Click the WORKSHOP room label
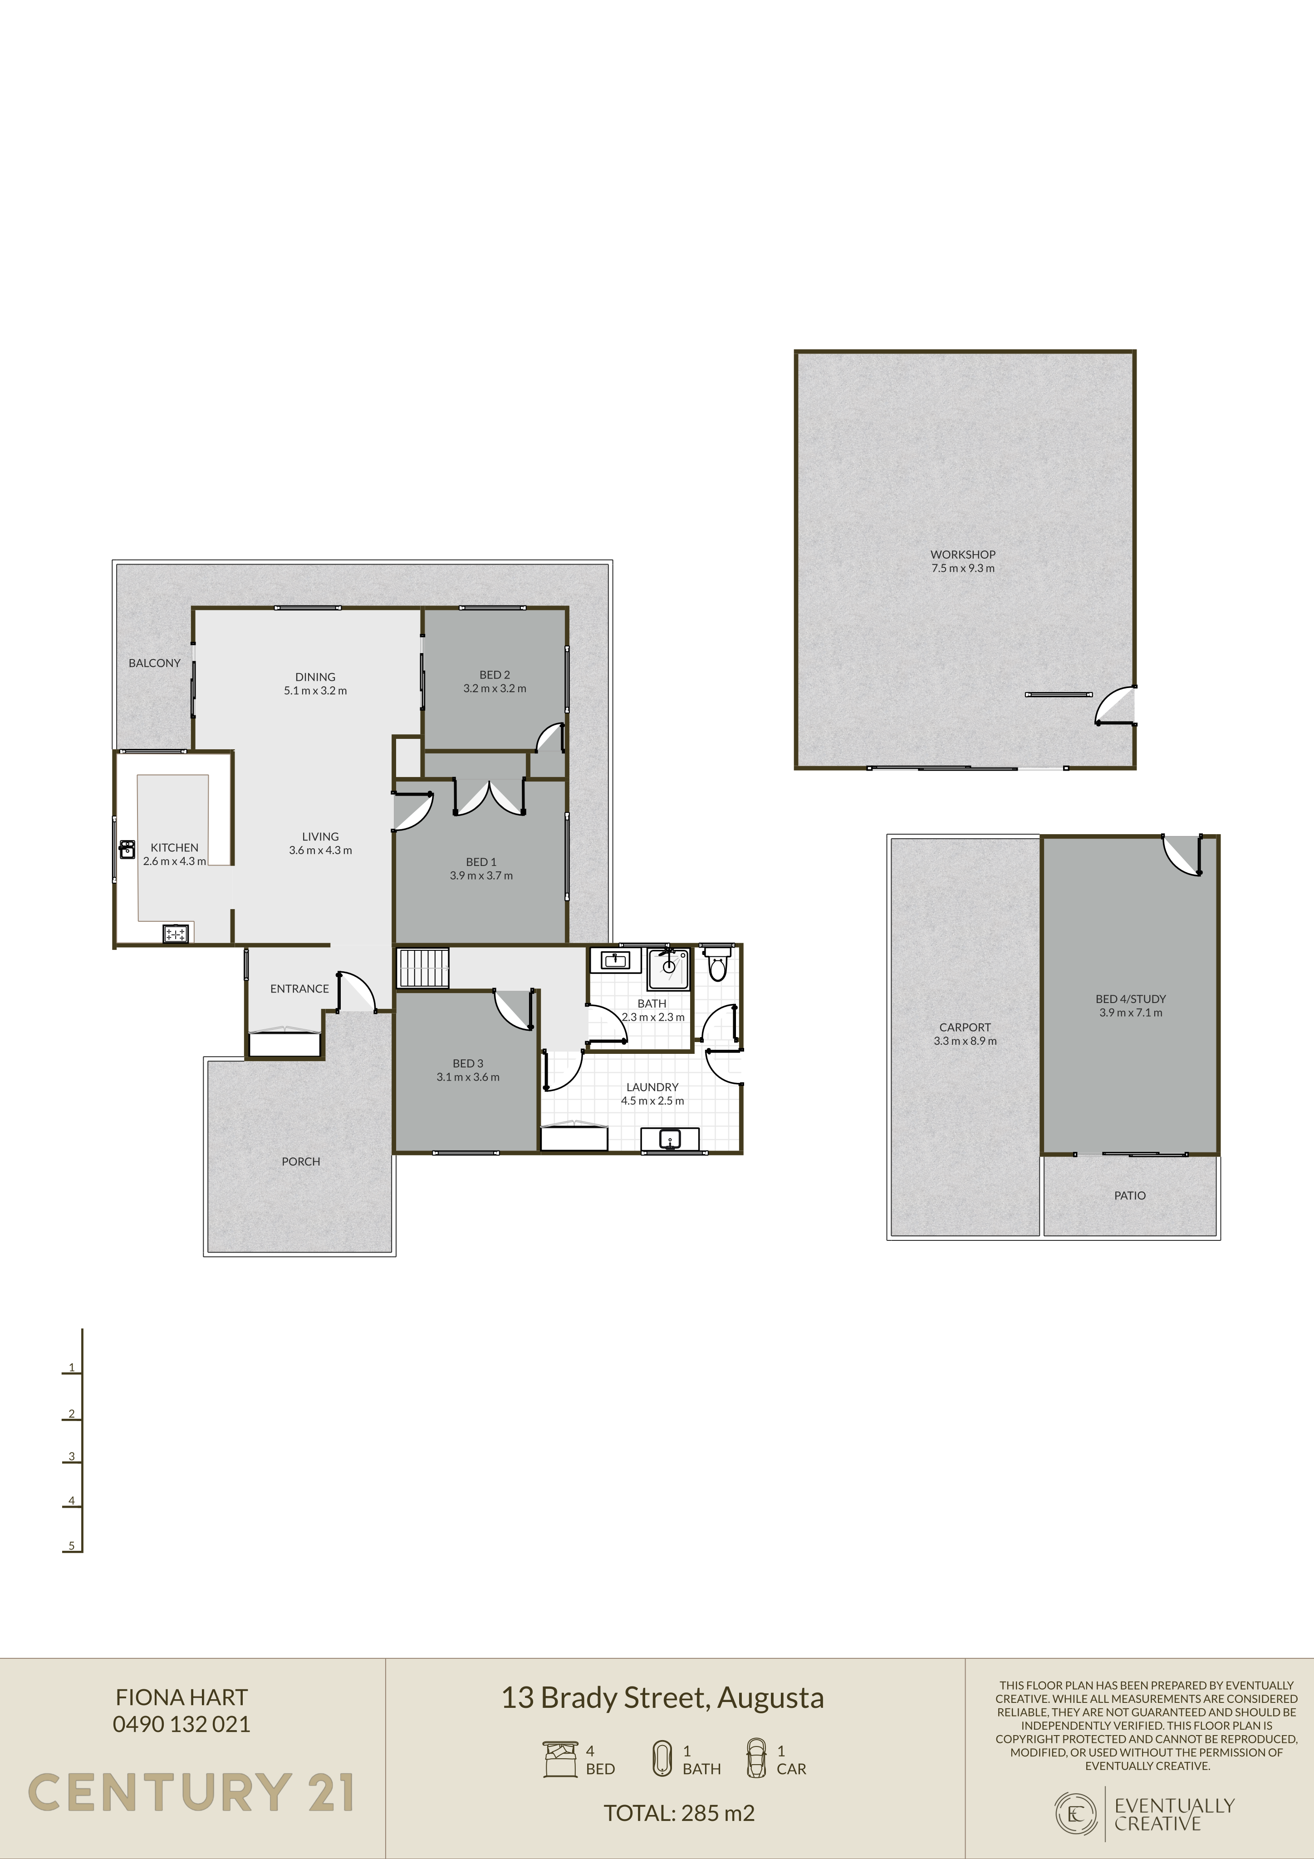point(963,555)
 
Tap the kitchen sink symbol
point(127,849)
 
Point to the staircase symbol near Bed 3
point(422,968)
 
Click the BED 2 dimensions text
point(495,688)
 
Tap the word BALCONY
point(155,663)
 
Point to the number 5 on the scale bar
point(71,1546)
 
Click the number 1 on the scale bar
point(71,1367)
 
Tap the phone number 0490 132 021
point(181,1724)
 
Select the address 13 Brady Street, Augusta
point(662,1698)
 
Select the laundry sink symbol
point(670,1139)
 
